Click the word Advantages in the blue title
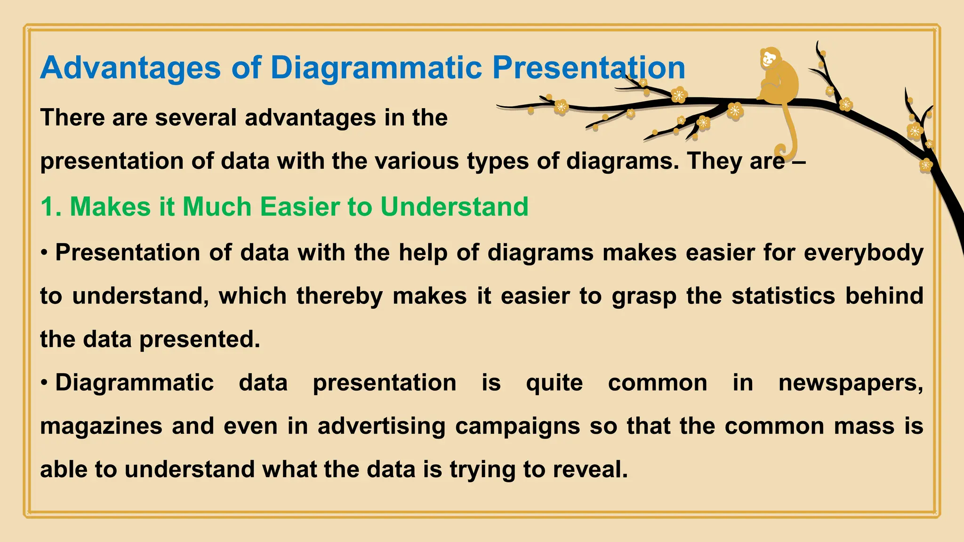pyautogui.click(x=130, y=68)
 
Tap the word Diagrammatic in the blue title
pyautogui.click(x=376, y=68)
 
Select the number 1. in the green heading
pyautogui.click(x=51, y=207)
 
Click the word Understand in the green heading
pyautogui.click(x=454, y=207)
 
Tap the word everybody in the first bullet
pyautogui.click(x=863, y=253)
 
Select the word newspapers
pyautogui.click(x=850, y=383)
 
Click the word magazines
pyautogui.click(x=101, y=426)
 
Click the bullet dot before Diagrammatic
pyautogui.click(x=44, y=383)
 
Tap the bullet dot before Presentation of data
pyautogui.click(x=44, y=253)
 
